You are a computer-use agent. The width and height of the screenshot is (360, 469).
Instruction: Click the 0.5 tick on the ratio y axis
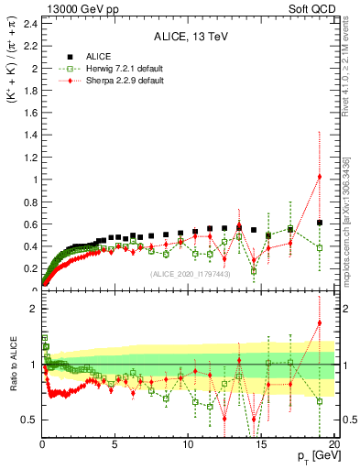(27, 420)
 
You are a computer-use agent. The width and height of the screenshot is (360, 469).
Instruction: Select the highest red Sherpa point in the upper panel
(319, 177)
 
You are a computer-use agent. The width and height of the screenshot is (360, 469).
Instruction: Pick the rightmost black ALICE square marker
(319, 223)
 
